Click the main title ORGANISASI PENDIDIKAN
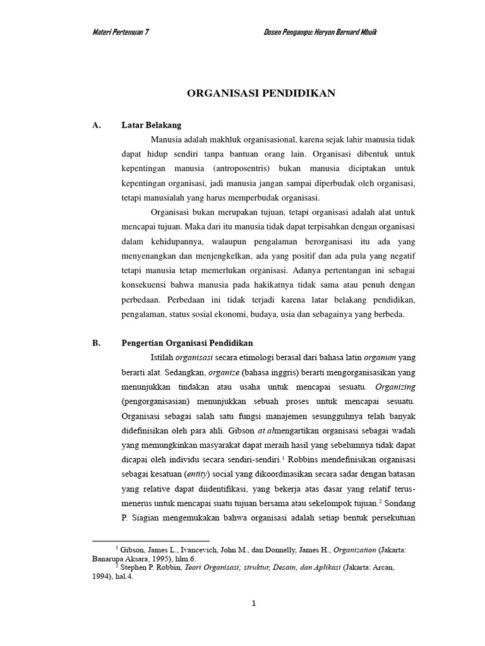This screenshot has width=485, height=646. coord(261,93)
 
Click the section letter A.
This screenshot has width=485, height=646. coord(97,126)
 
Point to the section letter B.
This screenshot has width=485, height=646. coord(97,343)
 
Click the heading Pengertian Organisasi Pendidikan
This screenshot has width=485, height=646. coord(187,343)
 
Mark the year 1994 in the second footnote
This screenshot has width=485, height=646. coord(104,576)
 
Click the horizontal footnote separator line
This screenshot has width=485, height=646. coord(151,541)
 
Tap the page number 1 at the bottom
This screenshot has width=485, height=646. coord(253,604)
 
